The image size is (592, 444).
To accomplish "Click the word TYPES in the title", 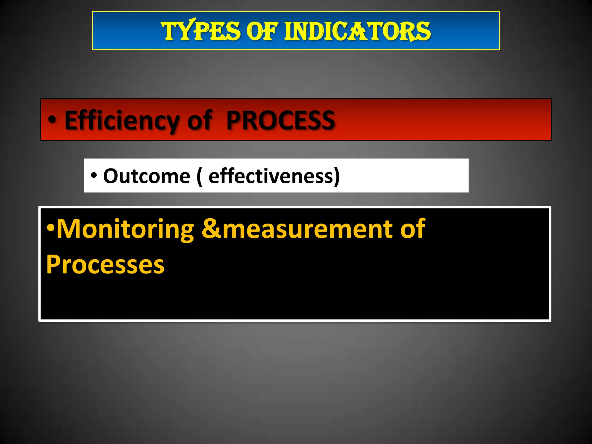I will point(201,31).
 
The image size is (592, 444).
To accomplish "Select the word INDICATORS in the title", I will point(358,31).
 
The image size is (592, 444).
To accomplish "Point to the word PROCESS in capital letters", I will point(280,120).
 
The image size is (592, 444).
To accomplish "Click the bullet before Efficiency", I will point(52,119).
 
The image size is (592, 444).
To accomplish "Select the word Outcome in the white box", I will point(147,176).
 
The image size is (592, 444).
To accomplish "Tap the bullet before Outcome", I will point(94,175).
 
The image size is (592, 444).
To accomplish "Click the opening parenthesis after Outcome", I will point(199,177).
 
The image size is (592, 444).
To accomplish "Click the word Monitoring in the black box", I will point(125,229).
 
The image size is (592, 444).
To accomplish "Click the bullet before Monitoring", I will point(51,227).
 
